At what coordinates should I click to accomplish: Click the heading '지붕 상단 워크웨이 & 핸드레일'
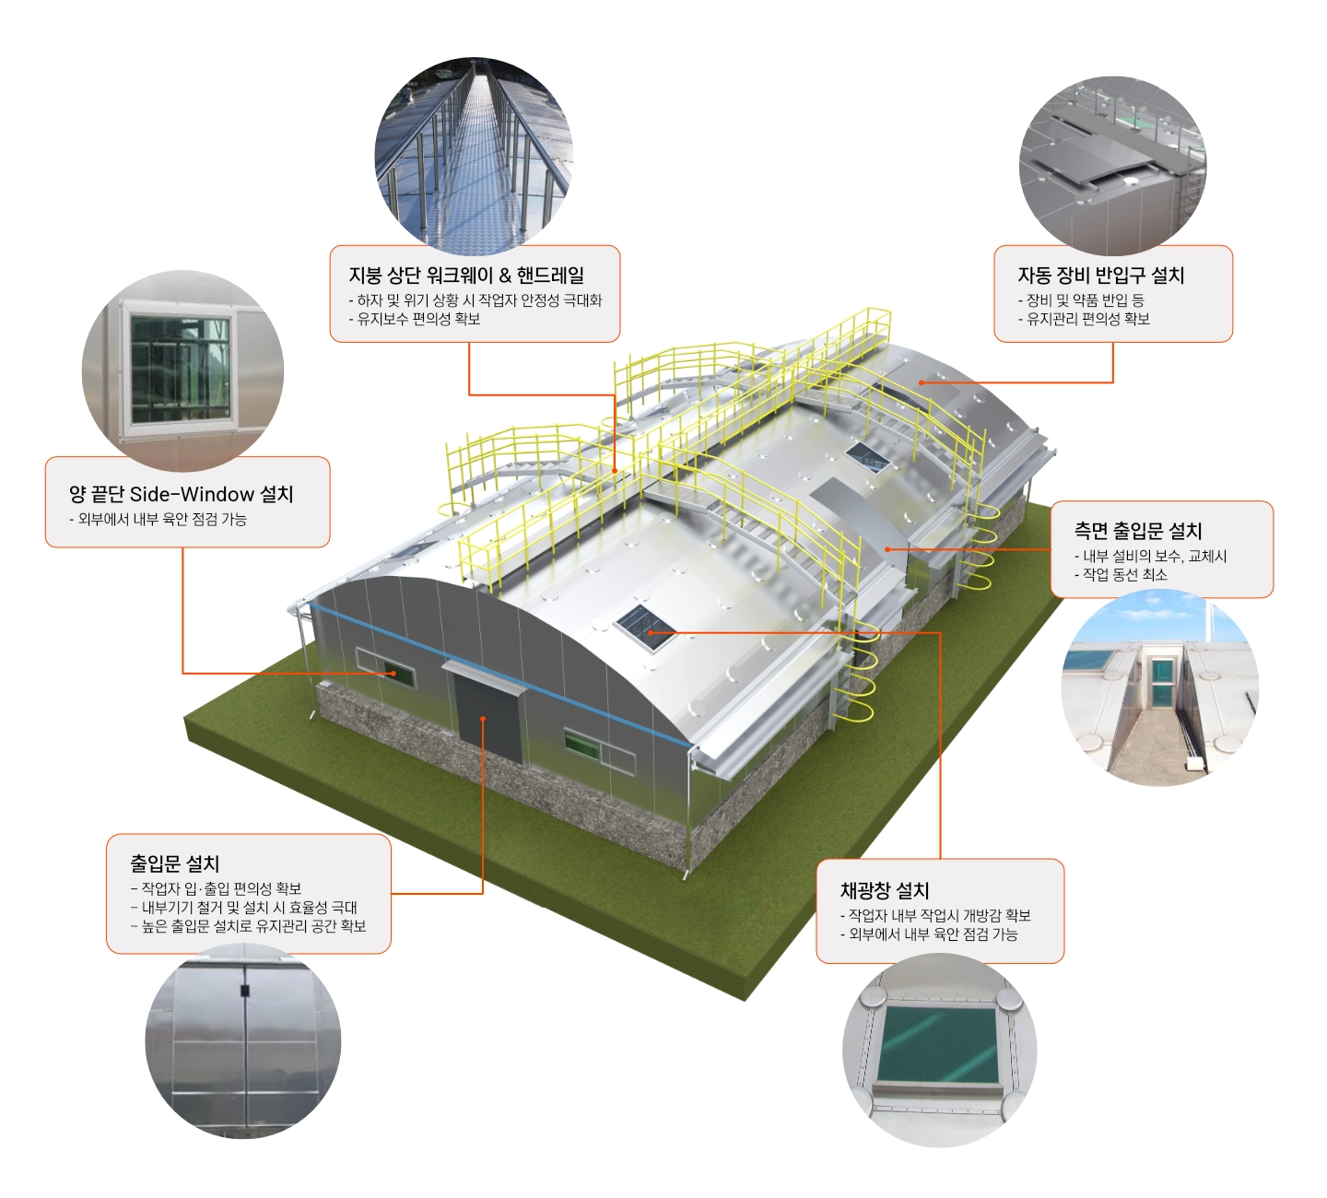[x=466, y=275]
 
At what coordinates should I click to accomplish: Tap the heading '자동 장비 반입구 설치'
[x=1100, y=275]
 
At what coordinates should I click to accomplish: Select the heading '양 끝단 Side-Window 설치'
[x=181, y=494]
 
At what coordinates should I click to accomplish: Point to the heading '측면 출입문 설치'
[x=1137, y=531]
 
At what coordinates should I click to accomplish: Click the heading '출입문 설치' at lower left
[x=175, y=863]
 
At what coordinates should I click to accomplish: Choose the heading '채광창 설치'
[x=885, y=890]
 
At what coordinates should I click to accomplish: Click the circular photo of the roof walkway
[x=474, y=157]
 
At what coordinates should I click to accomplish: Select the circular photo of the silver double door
[x=243, y=1040]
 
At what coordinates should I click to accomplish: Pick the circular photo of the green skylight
[x=940, y=1051]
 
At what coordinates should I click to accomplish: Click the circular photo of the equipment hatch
[x=1112, y=166]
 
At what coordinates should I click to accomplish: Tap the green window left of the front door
[x=386, y=668]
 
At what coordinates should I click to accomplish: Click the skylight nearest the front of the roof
[x=644, y=628]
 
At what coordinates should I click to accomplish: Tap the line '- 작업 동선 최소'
[x=1121, y=574]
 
